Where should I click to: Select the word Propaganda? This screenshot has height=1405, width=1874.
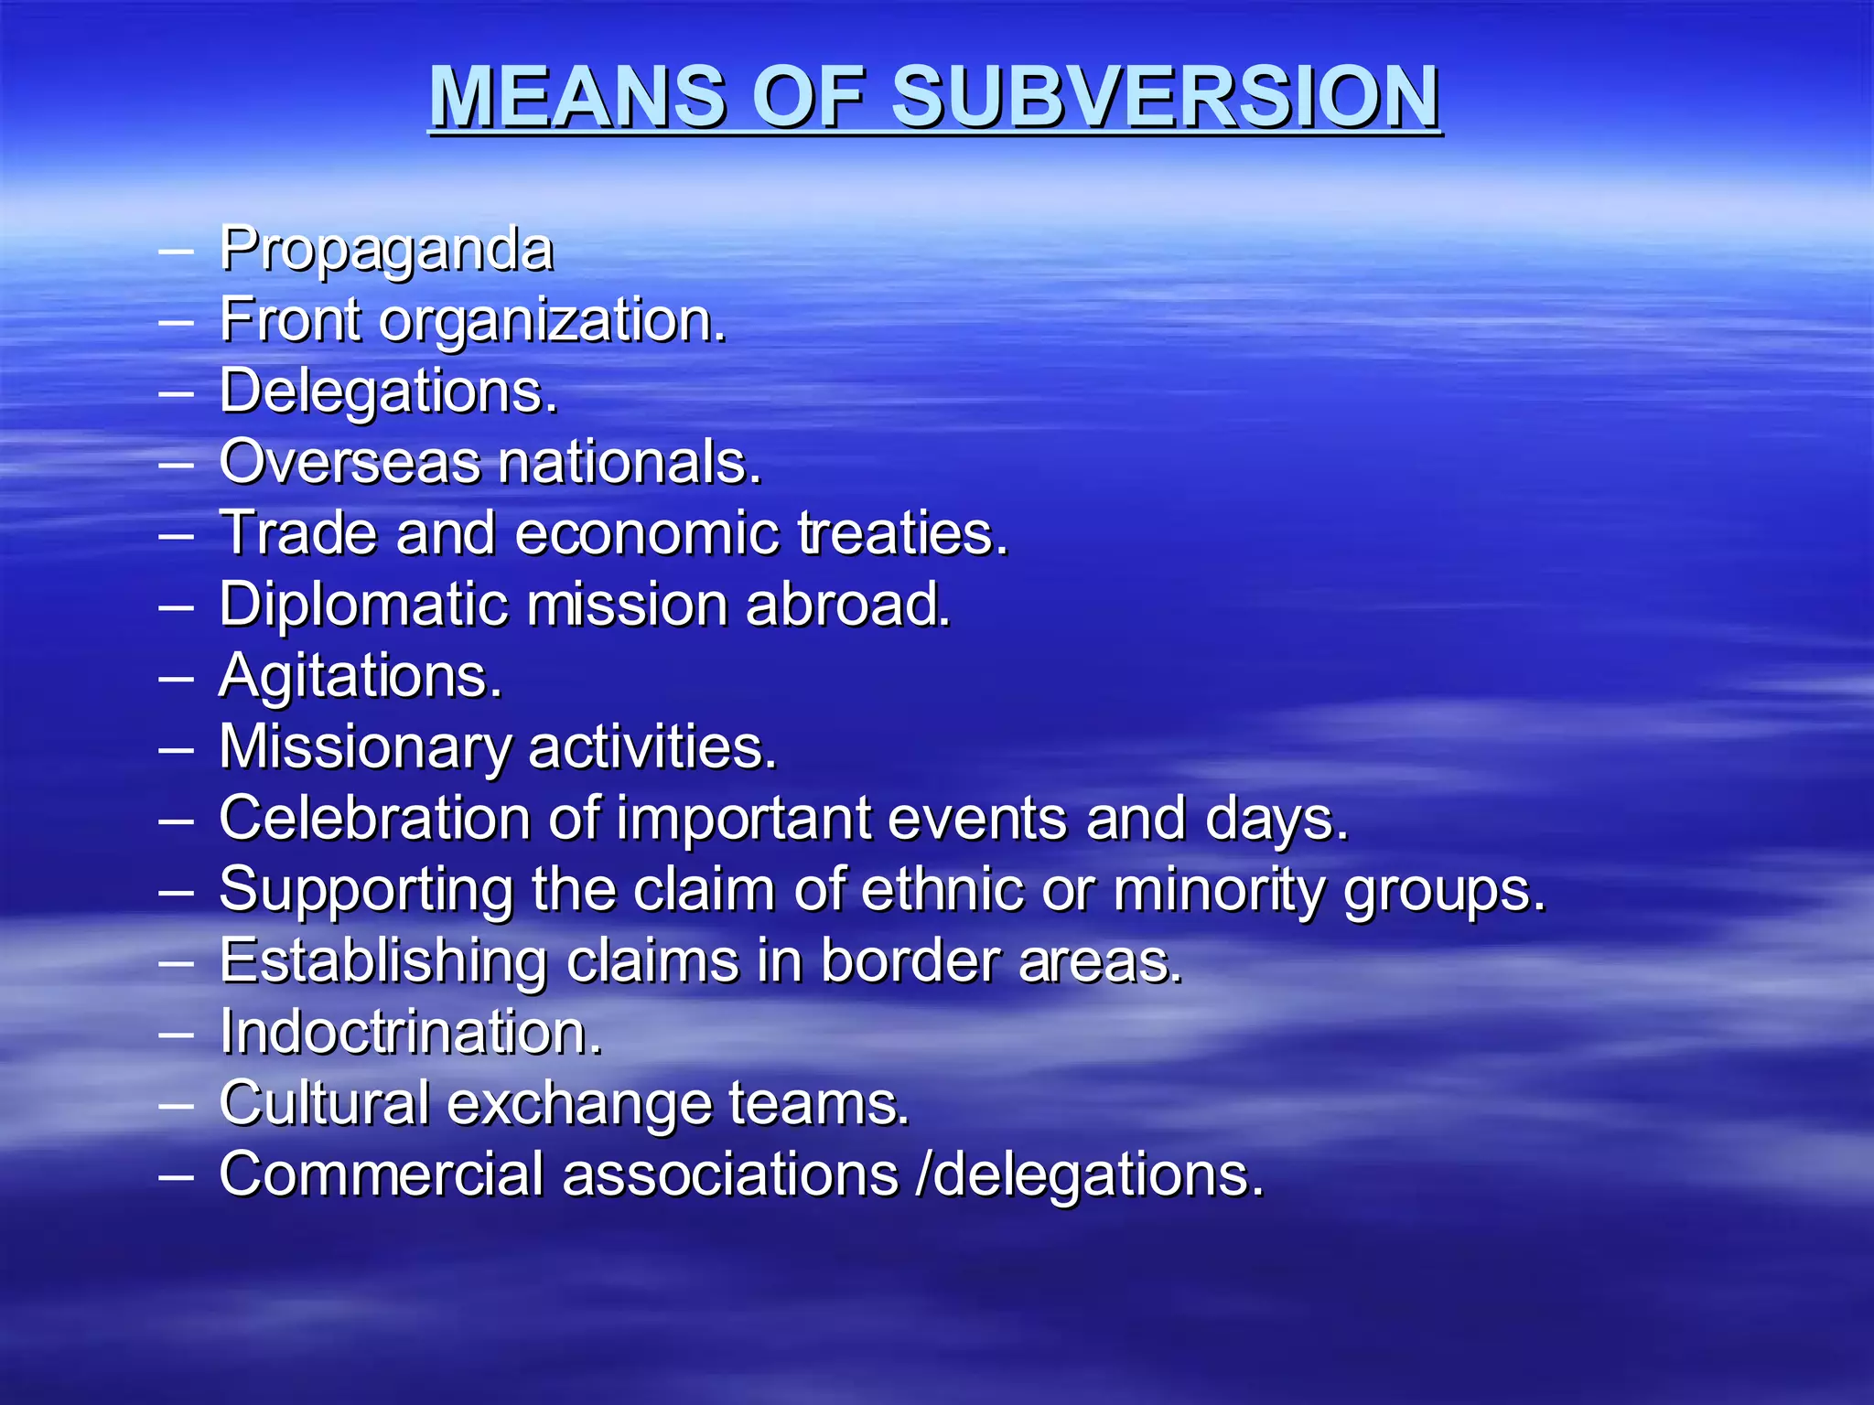coord(386,249)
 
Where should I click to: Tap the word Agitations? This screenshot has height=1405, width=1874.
coord(361,677)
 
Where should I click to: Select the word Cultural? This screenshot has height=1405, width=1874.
coord(324,1103)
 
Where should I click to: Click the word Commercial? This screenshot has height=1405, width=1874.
coord(382,1174)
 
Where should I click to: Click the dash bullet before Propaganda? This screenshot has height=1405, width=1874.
coord(176,249)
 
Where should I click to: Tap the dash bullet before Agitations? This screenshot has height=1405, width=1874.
coord(176,678)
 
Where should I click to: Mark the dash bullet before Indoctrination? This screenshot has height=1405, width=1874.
coord(176,1034)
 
